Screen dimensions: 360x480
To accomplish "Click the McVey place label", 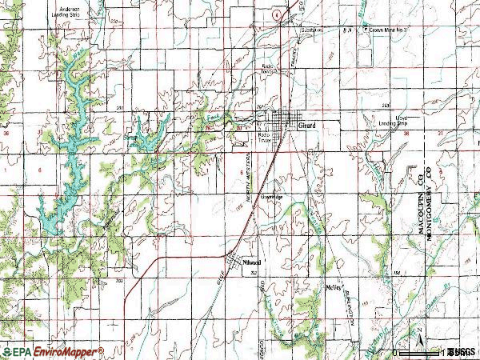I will pyautogui.click(x=334, y=286).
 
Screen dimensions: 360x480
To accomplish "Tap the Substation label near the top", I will pyautogui.click(x=311, y=30).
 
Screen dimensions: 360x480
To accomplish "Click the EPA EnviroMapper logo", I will pyautogui.click(x=52, y=351).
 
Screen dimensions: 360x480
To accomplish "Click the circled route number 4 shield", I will pyautogui.click(x=275, y=14).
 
